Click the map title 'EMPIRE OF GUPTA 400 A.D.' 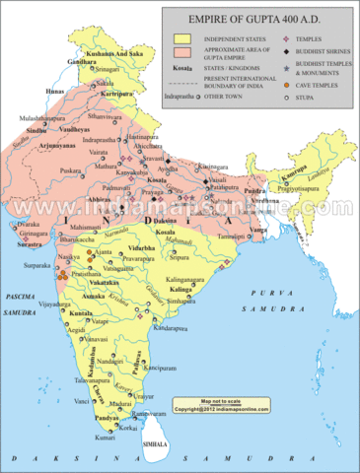(259, 16)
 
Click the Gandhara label (85, 60)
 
